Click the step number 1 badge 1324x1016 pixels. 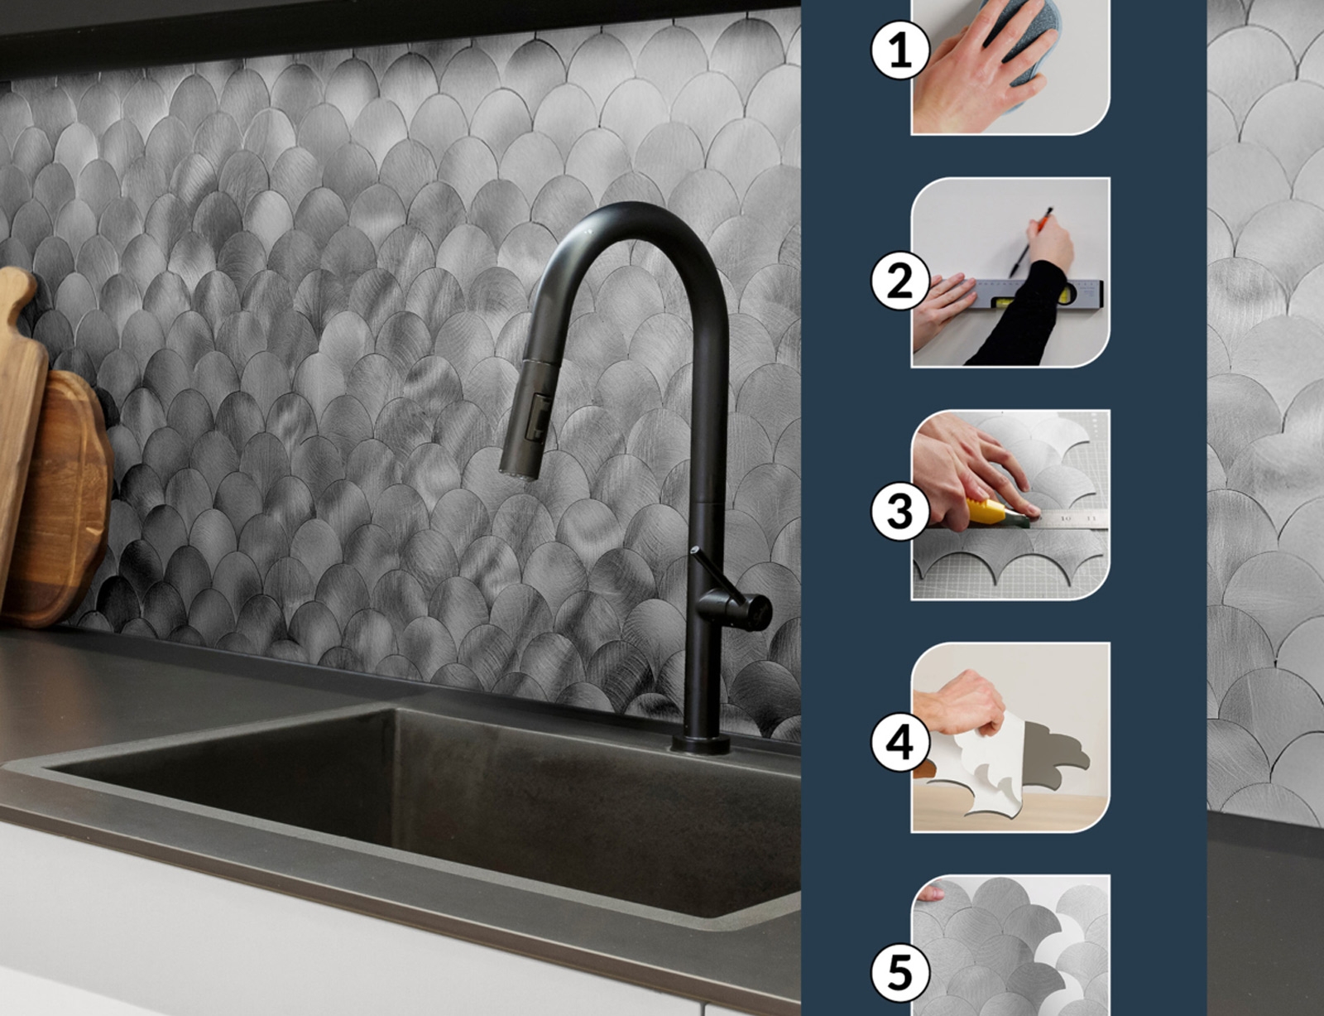(x=900, y=50)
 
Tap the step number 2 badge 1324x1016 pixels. (x=900, y=282)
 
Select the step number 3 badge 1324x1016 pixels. (x=900, y=512)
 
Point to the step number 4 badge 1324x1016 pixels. (x=900, y=743)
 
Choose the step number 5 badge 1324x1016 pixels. (x=900, y=973)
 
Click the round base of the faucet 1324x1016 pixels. (x=701, y=744)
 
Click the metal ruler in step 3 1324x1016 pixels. (x=1067, y=520)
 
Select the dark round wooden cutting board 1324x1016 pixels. (x=64, y=500)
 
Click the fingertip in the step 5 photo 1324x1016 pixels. (x=930, y=893)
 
